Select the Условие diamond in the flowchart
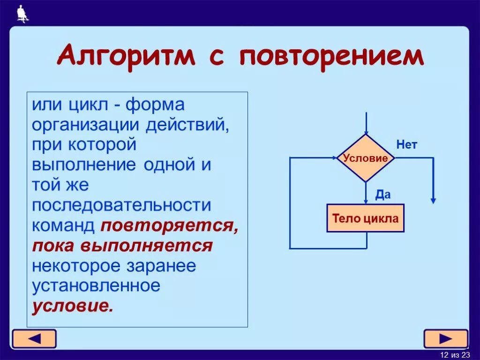(x=366, y=158)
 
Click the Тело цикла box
(x=365, y=218)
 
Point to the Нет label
(x=406, y=145)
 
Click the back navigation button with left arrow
(x=34, y=338)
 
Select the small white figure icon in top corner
(x=22, y=14)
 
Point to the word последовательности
(x=121, y=205)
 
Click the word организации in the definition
(x=86, y=125)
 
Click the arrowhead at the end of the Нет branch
(x=433, y=200)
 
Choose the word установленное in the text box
(x=96, y=285)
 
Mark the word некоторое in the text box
(x=75, y=265)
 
